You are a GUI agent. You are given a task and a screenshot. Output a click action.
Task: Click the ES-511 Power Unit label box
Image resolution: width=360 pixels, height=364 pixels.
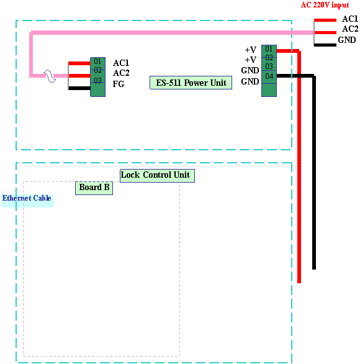point(191,83)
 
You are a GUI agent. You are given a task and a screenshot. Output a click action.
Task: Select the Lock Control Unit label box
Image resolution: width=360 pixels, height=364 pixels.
point(157,176)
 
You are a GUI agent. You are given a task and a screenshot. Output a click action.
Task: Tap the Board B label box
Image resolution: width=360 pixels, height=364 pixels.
point(94,188)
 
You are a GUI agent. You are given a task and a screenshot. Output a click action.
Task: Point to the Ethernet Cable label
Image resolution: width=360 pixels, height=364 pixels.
point(27,198)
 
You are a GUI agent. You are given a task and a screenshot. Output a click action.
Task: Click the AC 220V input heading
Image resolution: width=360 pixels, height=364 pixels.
point(325,5)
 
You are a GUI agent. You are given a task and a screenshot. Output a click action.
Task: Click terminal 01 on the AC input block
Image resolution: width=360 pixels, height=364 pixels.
point(97,61)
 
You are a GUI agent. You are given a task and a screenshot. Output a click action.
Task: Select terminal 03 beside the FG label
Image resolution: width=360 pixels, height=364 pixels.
point(97,80)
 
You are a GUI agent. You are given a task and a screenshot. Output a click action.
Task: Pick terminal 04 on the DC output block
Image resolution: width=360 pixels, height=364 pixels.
point(269,76)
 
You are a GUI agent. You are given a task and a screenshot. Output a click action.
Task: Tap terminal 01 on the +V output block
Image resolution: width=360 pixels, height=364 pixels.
point(269,48)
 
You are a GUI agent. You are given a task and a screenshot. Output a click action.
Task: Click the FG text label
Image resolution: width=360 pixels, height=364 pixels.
point(119,84)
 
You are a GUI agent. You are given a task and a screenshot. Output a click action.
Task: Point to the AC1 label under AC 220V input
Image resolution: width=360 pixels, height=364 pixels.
point(350,19)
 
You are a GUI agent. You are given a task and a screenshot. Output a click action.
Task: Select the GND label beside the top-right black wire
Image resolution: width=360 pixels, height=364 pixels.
point(347,40)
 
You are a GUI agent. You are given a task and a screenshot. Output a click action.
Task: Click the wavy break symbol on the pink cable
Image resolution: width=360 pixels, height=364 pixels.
point(50,76)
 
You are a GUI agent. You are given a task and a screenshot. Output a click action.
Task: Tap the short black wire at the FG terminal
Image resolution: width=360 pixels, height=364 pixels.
point(79,88)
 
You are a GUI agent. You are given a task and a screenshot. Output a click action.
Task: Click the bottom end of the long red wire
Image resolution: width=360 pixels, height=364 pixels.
point(299,283)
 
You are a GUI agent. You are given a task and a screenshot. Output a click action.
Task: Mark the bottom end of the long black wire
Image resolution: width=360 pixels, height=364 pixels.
point(314,269)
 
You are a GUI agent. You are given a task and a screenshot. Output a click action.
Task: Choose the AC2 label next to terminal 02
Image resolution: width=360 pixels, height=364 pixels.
point(121,73)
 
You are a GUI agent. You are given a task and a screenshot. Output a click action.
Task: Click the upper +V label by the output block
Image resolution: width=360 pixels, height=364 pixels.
point(251,50)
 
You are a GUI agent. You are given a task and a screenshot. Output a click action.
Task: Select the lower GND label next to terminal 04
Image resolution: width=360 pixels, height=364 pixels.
point(250,81)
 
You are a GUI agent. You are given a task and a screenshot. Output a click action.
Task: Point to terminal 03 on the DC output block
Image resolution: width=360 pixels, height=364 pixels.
point(269,66)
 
